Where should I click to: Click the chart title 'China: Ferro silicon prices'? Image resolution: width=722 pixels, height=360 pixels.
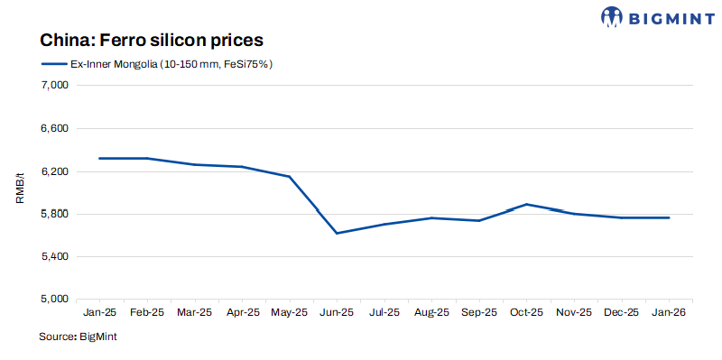click(x=151, y=41)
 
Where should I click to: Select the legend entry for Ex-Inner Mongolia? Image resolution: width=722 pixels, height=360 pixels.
click(x=157, y=64)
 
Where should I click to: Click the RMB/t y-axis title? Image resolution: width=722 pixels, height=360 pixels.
click(x=19, y=191)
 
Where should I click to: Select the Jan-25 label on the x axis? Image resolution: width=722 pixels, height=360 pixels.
click(x=98, y=313)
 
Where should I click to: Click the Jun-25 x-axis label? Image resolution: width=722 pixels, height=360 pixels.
click(x=337, y=313)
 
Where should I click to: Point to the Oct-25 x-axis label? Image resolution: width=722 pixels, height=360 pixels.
click(x=526, y=313)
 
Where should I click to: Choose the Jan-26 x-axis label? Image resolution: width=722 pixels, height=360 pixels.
click(x=669, y=313)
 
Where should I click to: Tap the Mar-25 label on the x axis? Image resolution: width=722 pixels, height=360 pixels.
click(x=194, y=313)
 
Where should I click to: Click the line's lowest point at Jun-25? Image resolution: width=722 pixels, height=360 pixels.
click(x=337, y=233)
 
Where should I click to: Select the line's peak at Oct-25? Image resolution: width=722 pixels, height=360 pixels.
click(x=526, y=204)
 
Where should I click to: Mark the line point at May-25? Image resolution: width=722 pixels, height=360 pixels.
click(x=289, y=177)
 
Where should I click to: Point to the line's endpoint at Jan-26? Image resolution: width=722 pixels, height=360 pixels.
click(x=669, y=217)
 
